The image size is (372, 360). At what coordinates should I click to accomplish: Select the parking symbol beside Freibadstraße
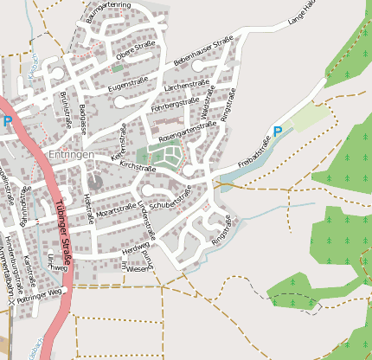(x=278, y=132)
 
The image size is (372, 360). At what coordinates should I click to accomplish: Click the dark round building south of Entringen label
(x=94, y=182)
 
